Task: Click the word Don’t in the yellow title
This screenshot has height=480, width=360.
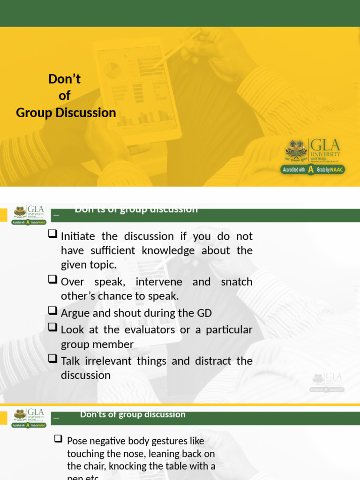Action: [x=65, y=79]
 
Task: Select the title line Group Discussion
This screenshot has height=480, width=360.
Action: [x=66, y=112]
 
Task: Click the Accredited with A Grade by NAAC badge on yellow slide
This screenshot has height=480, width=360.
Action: [x=313, y=169]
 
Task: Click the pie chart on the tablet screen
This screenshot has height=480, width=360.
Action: [x=112, y=71]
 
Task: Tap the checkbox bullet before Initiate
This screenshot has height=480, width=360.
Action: [x=53, y=234]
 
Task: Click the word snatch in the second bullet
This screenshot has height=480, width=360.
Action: [x=236, y=282]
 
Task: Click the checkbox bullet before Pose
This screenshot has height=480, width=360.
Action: [x=59, y=439]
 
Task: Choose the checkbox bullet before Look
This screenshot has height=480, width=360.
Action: [x=53, y=328]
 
